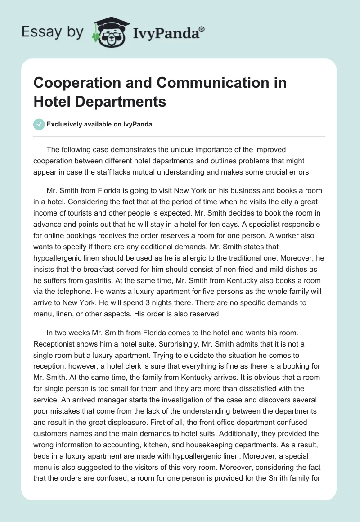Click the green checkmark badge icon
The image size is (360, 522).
(x=39, y=124)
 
